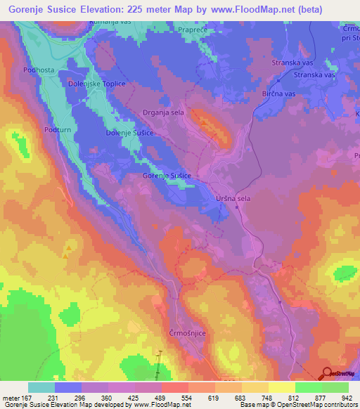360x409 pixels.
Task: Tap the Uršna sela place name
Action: (x=232, y=199)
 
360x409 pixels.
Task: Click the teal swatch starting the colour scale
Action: (x=41, y=387)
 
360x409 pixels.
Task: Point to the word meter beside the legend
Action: (x=12, y=398)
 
